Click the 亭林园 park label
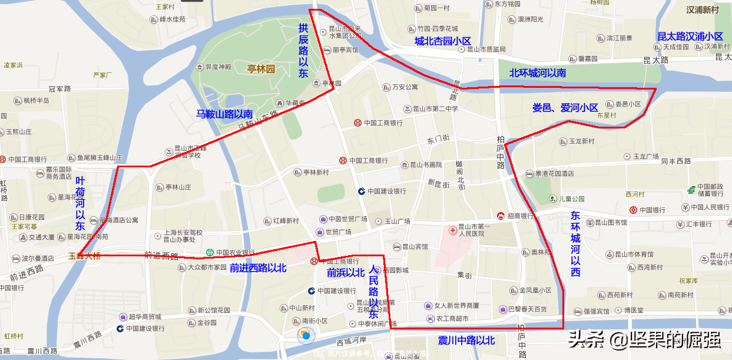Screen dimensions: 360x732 click(x=261, y=69)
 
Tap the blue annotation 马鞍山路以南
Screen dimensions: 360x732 click(x=224, y=114)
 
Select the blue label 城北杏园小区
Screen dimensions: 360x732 click(x=443, y=41)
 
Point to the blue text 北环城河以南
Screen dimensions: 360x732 click(x=537, y=73)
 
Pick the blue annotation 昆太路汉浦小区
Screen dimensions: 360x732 click(x=690, y=37)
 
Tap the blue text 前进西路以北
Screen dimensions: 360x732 click(x=258, y=268)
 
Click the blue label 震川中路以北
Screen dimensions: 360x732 click(x=466, y=341)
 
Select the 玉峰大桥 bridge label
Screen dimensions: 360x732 click(x=84, y=256)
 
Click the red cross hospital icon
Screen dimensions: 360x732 click(x=452, y=229)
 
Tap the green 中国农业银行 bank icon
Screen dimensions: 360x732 click(x=209, y=253)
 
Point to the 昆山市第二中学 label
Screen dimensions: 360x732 click(x=433, y=109)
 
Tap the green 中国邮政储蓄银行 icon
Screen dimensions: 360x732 click(x=690, y=190)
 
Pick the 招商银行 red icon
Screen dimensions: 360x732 click(x=501, y=216)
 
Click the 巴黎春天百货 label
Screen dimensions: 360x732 click(x=527, y=309)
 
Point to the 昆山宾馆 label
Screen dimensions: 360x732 click(x=415, y=246)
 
